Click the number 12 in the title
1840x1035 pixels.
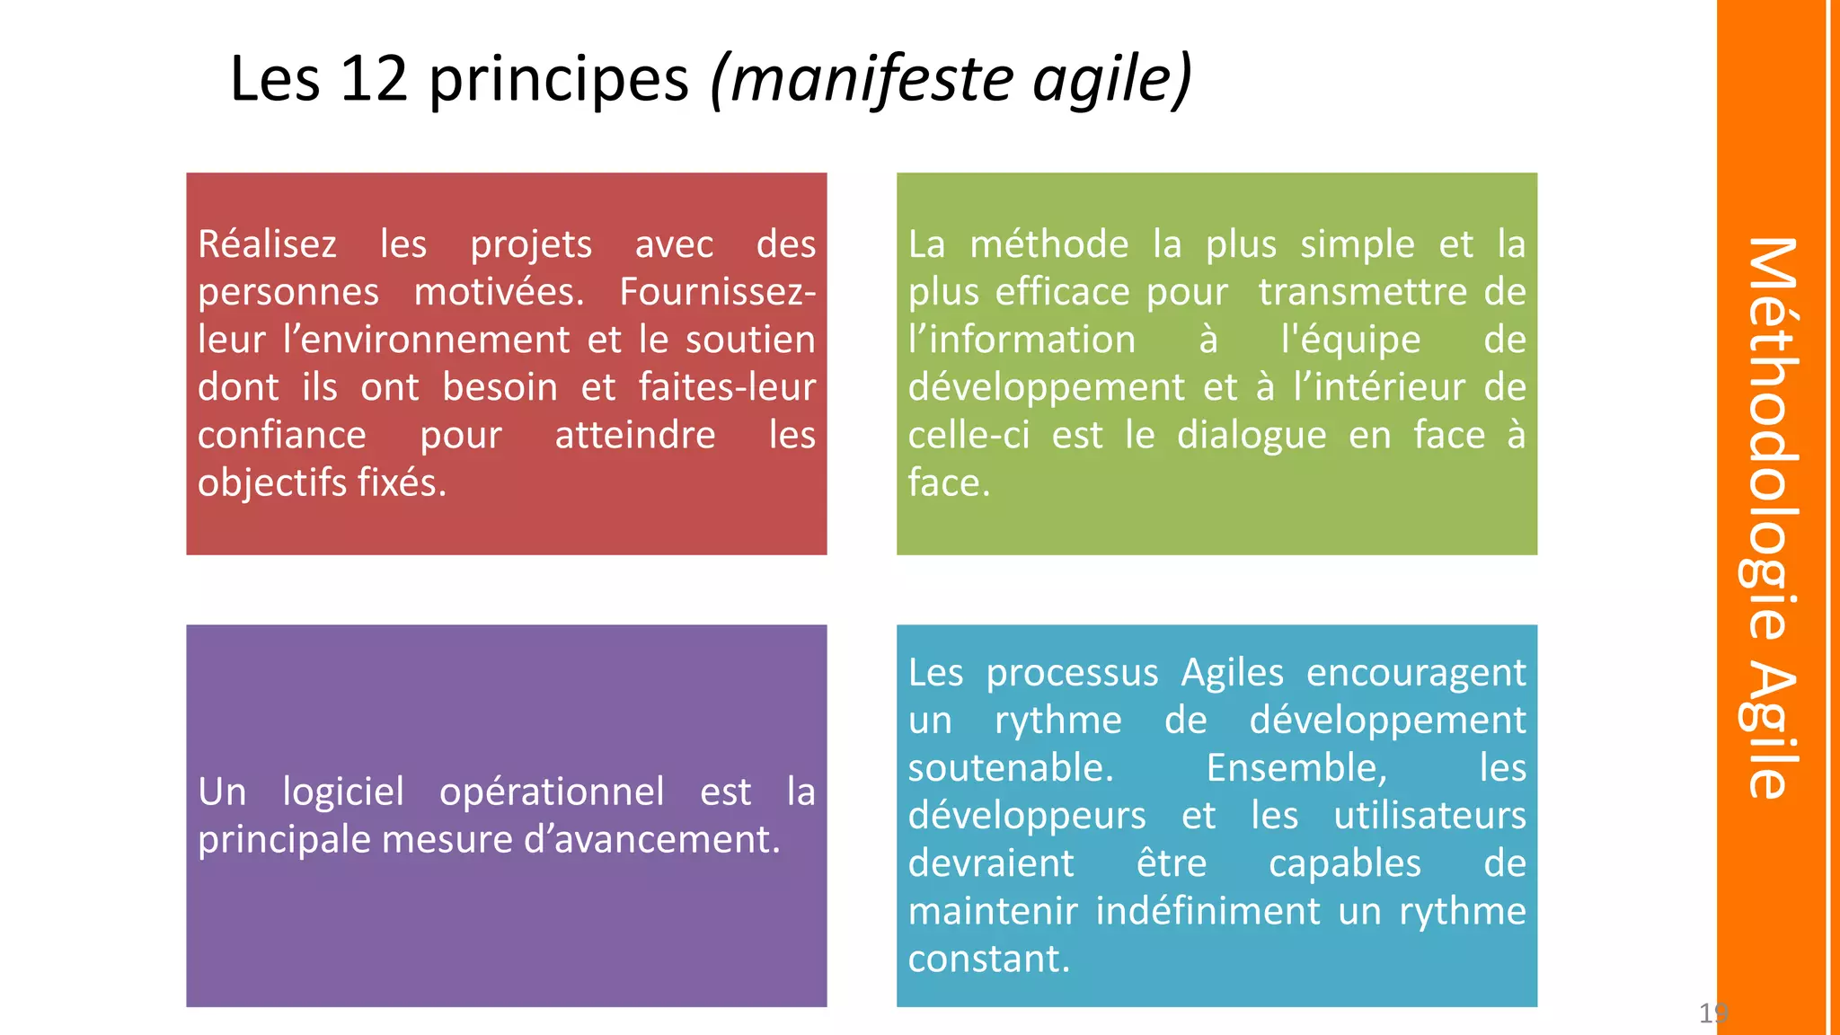(x=375, y=79)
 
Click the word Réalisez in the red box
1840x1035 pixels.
(x=267, y=244)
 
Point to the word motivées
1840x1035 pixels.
(x=499, y=292)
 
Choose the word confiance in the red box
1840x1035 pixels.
(x=282, y=436)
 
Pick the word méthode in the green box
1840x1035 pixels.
(x=1048, y=244)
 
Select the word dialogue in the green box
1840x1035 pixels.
(x=1252, y=436)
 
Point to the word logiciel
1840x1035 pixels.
(x=343, y=792)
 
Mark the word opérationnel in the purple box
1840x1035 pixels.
(x=552, y=792)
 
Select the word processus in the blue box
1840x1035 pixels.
(x=1072, y=673)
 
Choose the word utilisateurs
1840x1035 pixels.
(x=1429, y=816)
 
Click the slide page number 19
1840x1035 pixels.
(x=1712, y=1013)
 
